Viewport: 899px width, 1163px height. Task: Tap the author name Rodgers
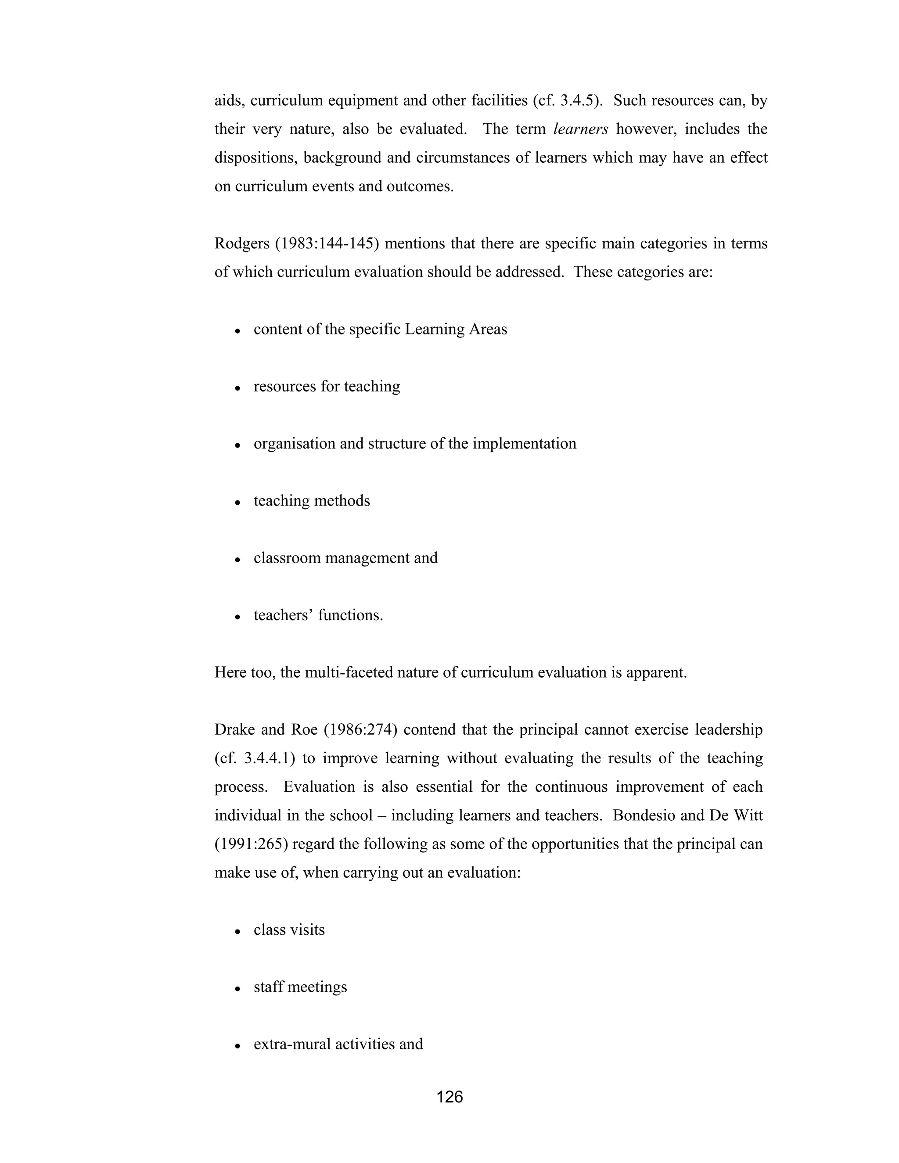(242, 244)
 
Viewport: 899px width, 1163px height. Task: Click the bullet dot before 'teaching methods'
(238, 502)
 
